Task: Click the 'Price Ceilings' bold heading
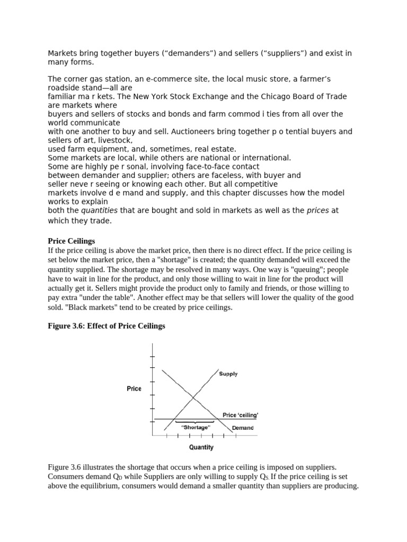(72, 241)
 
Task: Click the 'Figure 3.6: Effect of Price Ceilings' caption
(107, 326)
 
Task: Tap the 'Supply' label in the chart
(228, 374)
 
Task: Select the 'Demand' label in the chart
(242, 428)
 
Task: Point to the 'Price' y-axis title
(134, 389)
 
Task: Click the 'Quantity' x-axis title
(201, 447)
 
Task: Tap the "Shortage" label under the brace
(196, 427)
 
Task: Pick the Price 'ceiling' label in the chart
(240, 415)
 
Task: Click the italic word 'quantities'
(99, 211)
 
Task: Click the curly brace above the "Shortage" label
(196, 421)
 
